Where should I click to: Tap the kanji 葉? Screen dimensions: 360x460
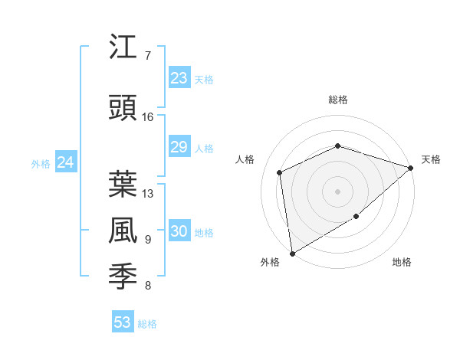click(123, 184)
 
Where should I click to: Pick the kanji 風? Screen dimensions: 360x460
click(123, 231)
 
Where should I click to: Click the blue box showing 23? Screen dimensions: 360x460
click(179, 77)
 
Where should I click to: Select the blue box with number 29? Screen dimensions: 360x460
click(179, 147)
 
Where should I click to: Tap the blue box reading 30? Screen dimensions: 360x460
click(179, 231)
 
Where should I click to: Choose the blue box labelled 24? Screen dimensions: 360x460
click(65, 162)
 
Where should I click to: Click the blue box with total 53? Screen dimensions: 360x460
click(123, 322)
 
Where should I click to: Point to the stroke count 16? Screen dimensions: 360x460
click(148, 117)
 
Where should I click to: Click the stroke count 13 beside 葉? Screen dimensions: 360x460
click(148, 193)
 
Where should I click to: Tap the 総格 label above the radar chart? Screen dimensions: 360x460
click(338, 100)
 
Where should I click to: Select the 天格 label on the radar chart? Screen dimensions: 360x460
click(431, 159)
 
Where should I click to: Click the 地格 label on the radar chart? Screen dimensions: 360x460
click(402, 262)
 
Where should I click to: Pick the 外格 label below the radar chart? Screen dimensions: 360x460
click(270, 262)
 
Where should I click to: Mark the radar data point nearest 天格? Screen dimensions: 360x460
click(412, 168)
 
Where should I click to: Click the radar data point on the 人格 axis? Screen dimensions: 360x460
click(280, 172)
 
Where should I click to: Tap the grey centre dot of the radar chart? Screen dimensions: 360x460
click(337, 191)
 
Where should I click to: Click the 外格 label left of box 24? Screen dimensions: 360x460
click(40, 163)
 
